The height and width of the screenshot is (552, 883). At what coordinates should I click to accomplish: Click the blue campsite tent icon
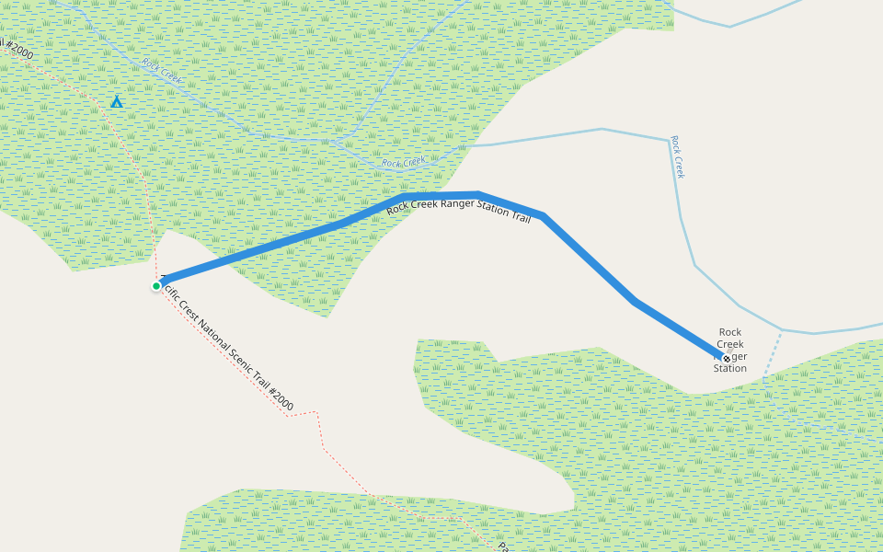(116, 102)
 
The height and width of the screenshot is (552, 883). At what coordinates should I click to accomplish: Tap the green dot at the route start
(156, 286)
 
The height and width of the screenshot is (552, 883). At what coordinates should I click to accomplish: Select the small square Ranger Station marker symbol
(727, 358)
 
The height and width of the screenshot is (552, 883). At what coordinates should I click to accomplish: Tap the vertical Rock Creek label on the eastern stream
(678, 157)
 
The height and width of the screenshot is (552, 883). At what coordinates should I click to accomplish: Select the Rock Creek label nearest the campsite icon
(163, 72)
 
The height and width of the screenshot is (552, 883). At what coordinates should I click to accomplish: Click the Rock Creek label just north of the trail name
(404, 163)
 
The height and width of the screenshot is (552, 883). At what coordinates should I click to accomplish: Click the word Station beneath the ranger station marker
(730, 369)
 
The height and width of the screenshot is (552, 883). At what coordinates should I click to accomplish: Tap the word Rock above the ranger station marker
(730, 332)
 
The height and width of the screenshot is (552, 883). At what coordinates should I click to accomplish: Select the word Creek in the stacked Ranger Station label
(730, 344)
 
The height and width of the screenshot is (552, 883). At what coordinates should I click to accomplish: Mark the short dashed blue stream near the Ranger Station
(774, 355)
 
